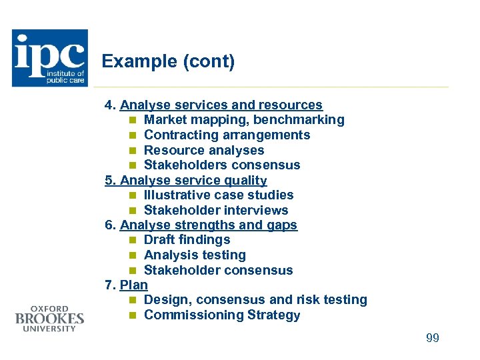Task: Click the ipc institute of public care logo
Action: [x=50, y=58]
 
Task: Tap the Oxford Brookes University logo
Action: [x=49, y=319]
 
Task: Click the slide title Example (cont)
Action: [x=168, y=62]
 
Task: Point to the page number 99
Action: [x=433, y=338]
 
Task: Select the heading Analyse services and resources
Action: [x=221, y=105]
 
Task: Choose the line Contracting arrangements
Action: [x=227, y=135]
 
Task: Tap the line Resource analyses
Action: [x=204, y=150]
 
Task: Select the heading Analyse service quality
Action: [x=193, y=180]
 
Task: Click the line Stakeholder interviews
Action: [x=216, y=210]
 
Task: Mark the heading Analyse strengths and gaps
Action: [x=209, y=225]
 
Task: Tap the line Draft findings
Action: [x=187, y=240]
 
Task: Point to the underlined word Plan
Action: [x=133, y=285]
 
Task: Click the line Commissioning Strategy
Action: [x=222, y=315]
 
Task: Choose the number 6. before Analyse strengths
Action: [x=111, y=225]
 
